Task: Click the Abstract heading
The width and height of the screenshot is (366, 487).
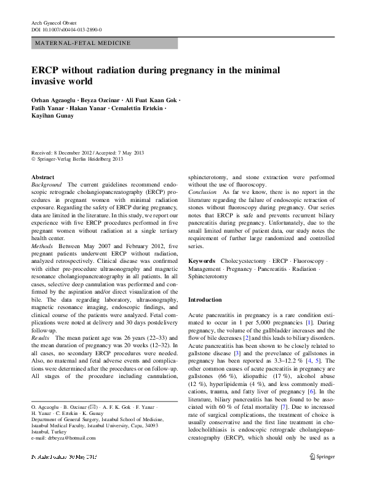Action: (x=42, y=177)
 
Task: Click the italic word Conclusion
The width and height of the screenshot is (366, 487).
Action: (x=202, y=192)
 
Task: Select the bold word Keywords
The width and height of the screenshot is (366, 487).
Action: (x=202, y=261)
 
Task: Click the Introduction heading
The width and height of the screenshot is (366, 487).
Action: (x=205, y=300)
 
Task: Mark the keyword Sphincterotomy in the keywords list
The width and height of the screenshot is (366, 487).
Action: (x=207, y=276)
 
